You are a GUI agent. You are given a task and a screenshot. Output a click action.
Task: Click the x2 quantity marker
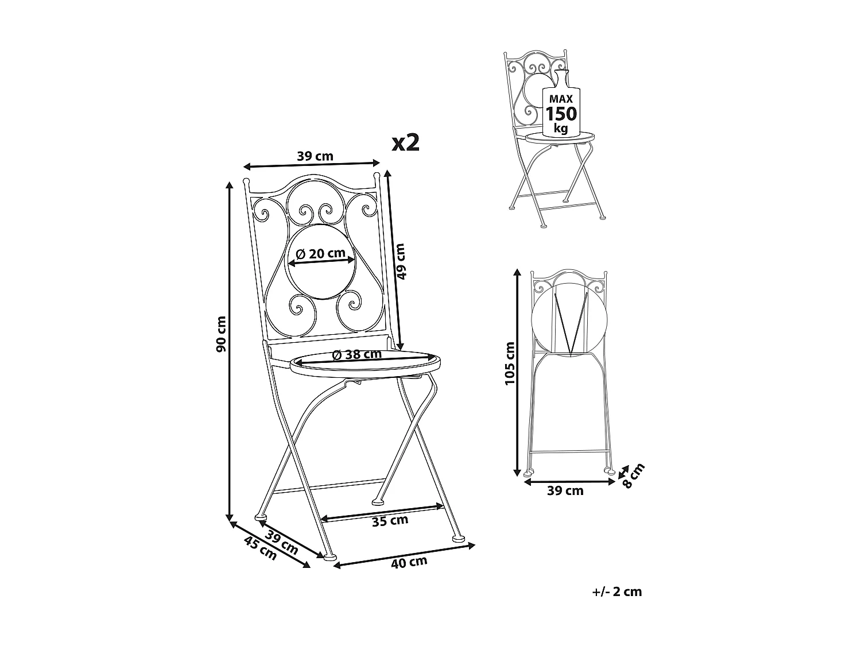(x=405, y=143)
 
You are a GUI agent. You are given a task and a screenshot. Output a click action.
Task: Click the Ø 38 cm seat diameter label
(x=357, y=354)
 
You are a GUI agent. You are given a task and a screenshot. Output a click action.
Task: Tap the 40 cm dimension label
(x=409, y=562)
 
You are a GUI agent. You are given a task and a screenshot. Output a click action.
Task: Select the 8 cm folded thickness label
(x=634, y=475)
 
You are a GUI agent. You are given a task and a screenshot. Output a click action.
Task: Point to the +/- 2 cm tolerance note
(x=617, y=592)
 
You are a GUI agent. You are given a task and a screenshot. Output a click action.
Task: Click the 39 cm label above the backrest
(x=315, y=156)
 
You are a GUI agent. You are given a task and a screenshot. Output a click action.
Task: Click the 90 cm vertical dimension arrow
(x=230, y=350)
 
